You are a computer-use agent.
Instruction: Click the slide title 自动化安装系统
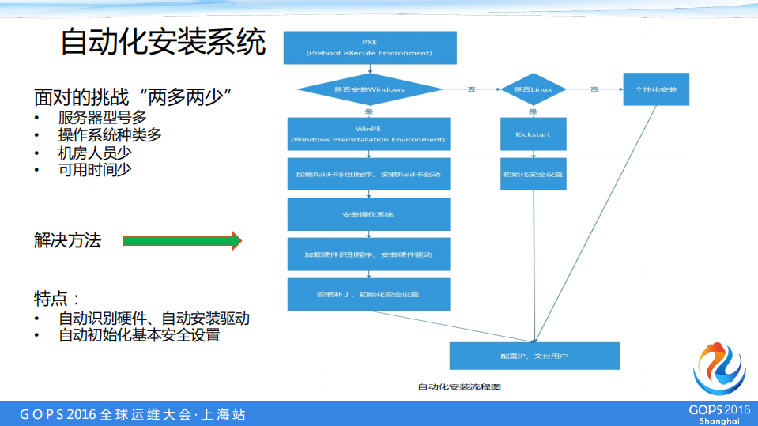[x=163, y=43]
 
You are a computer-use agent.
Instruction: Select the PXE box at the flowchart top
[x=369, y=47]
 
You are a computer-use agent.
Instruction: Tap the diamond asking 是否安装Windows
[x=369, y=89]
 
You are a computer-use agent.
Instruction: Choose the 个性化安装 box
[x=655, y=89]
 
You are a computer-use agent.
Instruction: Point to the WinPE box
[x=368, y=134]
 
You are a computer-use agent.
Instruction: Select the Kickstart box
[x=533, y=134]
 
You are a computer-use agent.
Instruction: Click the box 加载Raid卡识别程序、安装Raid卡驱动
[x=368, y=174]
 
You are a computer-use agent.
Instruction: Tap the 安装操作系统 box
[x=368, y=214]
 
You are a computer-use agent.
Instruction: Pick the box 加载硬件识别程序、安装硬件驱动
[x=368, y=254]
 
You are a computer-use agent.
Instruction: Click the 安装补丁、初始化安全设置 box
[x=368, y=294]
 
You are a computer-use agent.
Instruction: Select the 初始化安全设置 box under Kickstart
[x=533, y=174]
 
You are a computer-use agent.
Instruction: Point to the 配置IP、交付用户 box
[x=534, y=356]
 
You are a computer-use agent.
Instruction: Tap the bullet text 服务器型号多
[x=102, y=119]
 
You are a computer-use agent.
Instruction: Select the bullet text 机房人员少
[x=94, y=153]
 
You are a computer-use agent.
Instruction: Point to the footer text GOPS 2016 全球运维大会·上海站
[x=133, y=414]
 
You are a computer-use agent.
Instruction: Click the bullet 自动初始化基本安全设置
[x=139, y=335]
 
